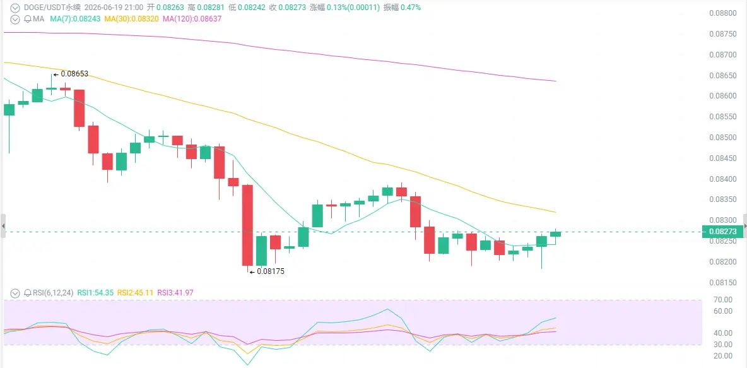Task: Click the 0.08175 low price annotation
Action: (x=271, y=271)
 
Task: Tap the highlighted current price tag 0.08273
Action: (x=722, y=232)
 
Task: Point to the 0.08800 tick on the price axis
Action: (x=722, y=13)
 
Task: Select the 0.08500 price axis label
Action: (x=722, y=138)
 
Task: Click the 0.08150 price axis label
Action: (x=722, y=283)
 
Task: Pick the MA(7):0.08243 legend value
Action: (x=76, y=18)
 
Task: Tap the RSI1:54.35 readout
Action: (x=95, y=293)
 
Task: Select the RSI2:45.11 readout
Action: (x=136, y=293)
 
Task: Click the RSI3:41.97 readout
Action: (x=175, y=293)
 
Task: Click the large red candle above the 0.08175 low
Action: (x=247, y=225)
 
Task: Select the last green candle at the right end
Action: (x=555, y=234)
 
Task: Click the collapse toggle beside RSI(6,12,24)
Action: (x=16, y=293)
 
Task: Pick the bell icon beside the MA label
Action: (x=28, y=19)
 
